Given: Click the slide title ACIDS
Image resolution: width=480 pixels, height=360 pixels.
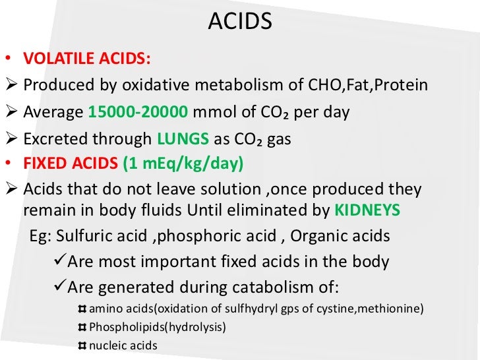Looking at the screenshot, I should pos(240,23).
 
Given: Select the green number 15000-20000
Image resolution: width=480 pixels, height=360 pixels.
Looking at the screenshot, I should pos(138,111).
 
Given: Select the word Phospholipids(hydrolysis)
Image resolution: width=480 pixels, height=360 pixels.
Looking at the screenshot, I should pos(157,326).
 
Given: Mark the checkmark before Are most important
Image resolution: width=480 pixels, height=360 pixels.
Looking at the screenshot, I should pos(58,262).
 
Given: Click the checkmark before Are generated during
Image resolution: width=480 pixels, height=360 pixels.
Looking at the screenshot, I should pos(58,286).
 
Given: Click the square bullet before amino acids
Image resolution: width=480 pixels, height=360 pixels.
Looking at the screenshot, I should pos(82,309).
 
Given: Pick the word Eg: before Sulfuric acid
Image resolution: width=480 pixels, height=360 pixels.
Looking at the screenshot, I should pos(41,237).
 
